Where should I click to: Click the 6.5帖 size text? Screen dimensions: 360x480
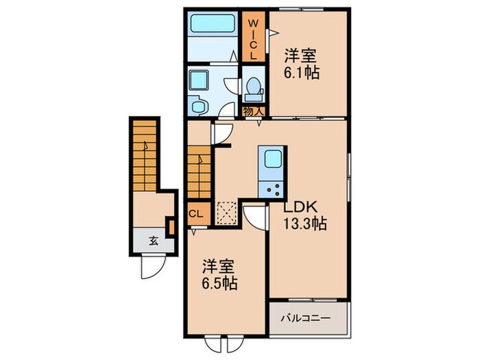pyautogui.click(x=219, y=283)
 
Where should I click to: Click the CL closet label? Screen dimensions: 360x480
pyautogui.click(x=195, y=213)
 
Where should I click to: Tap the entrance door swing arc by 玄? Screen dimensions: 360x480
pyautogui.click(x=151, y=266)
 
